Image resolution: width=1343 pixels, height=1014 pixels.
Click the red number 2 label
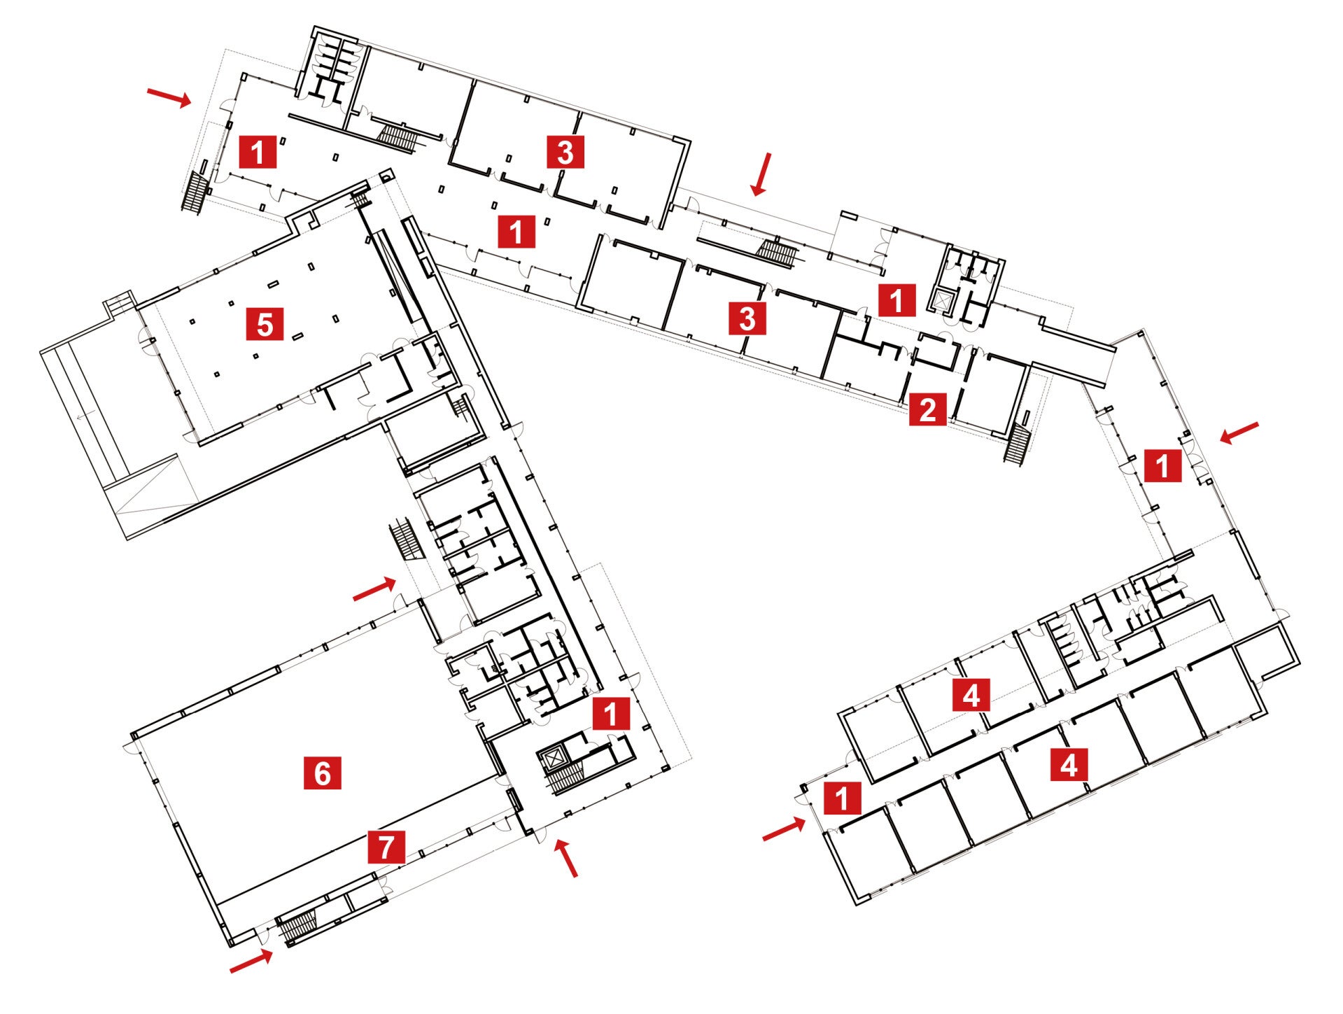point(927,409)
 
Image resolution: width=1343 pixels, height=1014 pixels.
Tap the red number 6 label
point(322,773)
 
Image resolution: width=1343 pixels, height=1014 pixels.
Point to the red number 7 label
point(386,847)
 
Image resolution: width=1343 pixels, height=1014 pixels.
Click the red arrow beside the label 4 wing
point(784,830)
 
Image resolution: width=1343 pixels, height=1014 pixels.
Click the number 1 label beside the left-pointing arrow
point(1162,465)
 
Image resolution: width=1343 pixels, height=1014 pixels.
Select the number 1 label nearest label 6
point(611,714)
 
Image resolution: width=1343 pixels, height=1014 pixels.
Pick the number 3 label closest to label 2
point(747,318)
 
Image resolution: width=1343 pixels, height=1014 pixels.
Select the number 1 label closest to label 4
point(841,798)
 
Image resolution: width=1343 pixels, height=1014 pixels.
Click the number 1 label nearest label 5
point(258,151)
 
